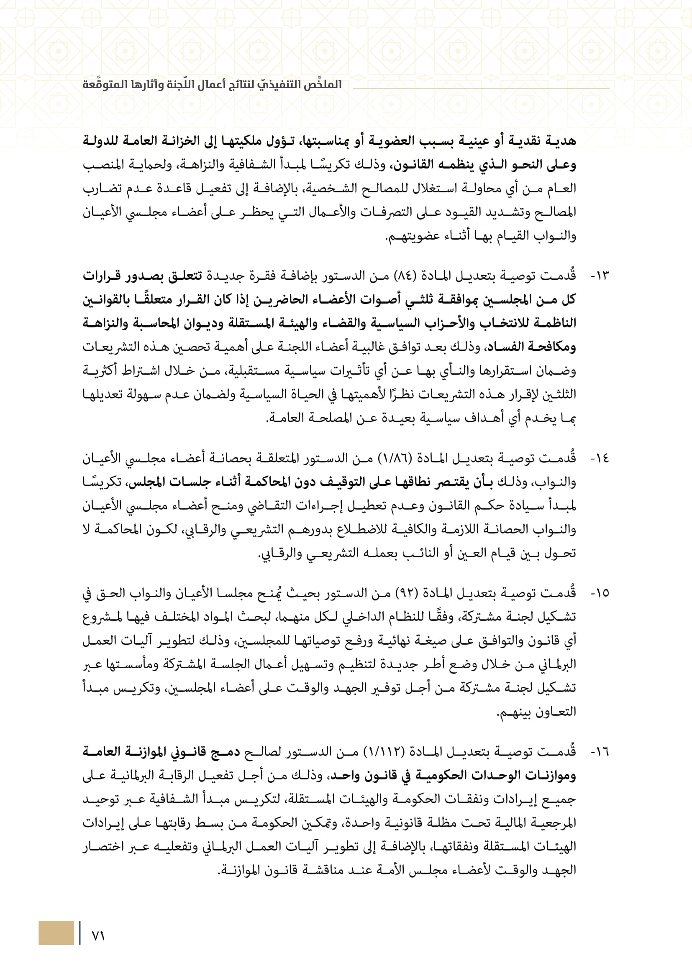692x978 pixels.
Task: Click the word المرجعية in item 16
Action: point(553,823)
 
